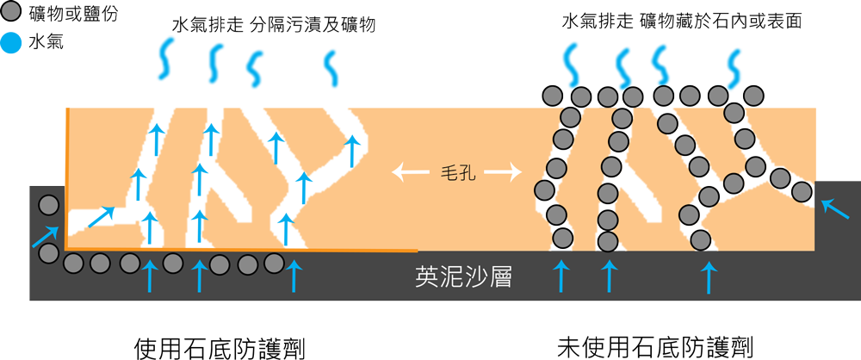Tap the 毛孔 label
pyautogui.click(x=456, y=173)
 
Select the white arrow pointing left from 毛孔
pyautogui.click(x=411, y=173)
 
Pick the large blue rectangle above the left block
pyautogui.click(x=210, y=63)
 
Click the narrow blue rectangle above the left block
pyautogui.click(x=331, y=68)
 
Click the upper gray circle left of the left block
pyautogui.click(x=49, y=206)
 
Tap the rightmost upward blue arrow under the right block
pyautogui.click(x=709, y=276)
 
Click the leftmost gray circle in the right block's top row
pyautogui.click(x=552, y=95)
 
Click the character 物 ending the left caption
pyautogui.click(x=365, y=25)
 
